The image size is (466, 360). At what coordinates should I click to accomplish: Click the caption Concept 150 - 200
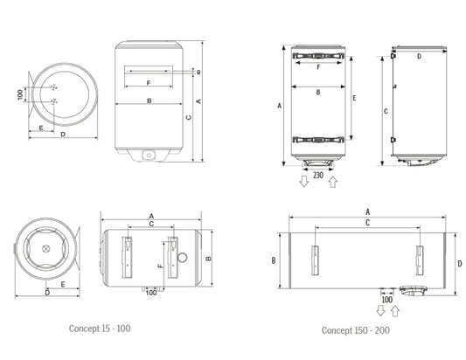click(x=354, y=330)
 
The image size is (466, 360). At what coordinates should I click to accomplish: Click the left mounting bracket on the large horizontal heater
click(x=313, y=258)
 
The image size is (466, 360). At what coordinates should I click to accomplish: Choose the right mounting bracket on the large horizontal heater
click(x=421, y=258)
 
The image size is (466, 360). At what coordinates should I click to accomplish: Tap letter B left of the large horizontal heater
click(x=274, y=260)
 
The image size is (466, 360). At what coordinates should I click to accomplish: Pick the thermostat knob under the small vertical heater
click(x=148, y=156)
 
